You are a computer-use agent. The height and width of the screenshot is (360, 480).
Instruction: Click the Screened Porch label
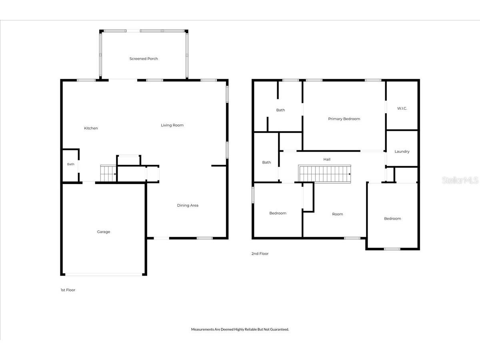[x=144, y=58]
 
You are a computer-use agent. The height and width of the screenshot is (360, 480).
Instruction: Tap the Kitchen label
[x=91, y=128]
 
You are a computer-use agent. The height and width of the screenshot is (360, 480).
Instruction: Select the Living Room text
[x=172, y=125]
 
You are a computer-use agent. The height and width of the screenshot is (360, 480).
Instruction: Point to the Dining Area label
[x=188, y=205]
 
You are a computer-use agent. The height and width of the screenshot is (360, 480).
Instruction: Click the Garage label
[x=104, y=232]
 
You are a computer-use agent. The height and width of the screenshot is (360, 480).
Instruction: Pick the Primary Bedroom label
[x=344, y=119]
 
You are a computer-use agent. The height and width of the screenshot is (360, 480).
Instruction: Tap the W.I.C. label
[x=402, y=108]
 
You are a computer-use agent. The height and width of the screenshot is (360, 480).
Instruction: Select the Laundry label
[x=402, y=151]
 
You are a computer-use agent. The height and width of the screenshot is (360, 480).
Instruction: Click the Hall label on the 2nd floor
[x=327, y=159]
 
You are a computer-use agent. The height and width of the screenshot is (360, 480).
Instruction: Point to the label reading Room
[x=338, y=214]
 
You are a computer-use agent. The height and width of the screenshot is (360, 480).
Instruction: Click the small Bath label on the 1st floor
[x=71, y=164]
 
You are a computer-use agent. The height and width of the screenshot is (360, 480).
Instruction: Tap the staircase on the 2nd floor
[x=324, y=174]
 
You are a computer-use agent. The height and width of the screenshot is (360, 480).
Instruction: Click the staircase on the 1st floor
[x=108, y=173]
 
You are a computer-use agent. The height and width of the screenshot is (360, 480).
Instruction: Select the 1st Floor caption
[x=68, y=290]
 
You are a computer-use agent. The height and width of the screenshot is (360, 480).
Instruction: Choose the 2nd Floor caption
[x=260, y=254]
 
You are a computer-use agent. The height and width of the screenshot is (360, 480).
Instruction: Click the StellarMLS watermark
[x=460, y=180]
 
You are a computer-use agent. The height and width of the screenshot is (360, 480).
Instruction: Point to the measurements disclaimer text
[x=240, y=329]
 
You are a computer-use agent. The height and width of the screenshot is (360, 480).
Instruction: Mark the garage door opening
[x=104, y=274]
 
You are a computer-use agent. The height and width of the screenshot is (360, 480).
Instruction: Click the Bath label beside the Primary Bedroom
[x=280, y=110]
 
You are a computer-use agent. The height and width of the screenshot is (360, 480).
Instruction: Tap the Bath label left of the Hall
[x=266, y=162]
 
